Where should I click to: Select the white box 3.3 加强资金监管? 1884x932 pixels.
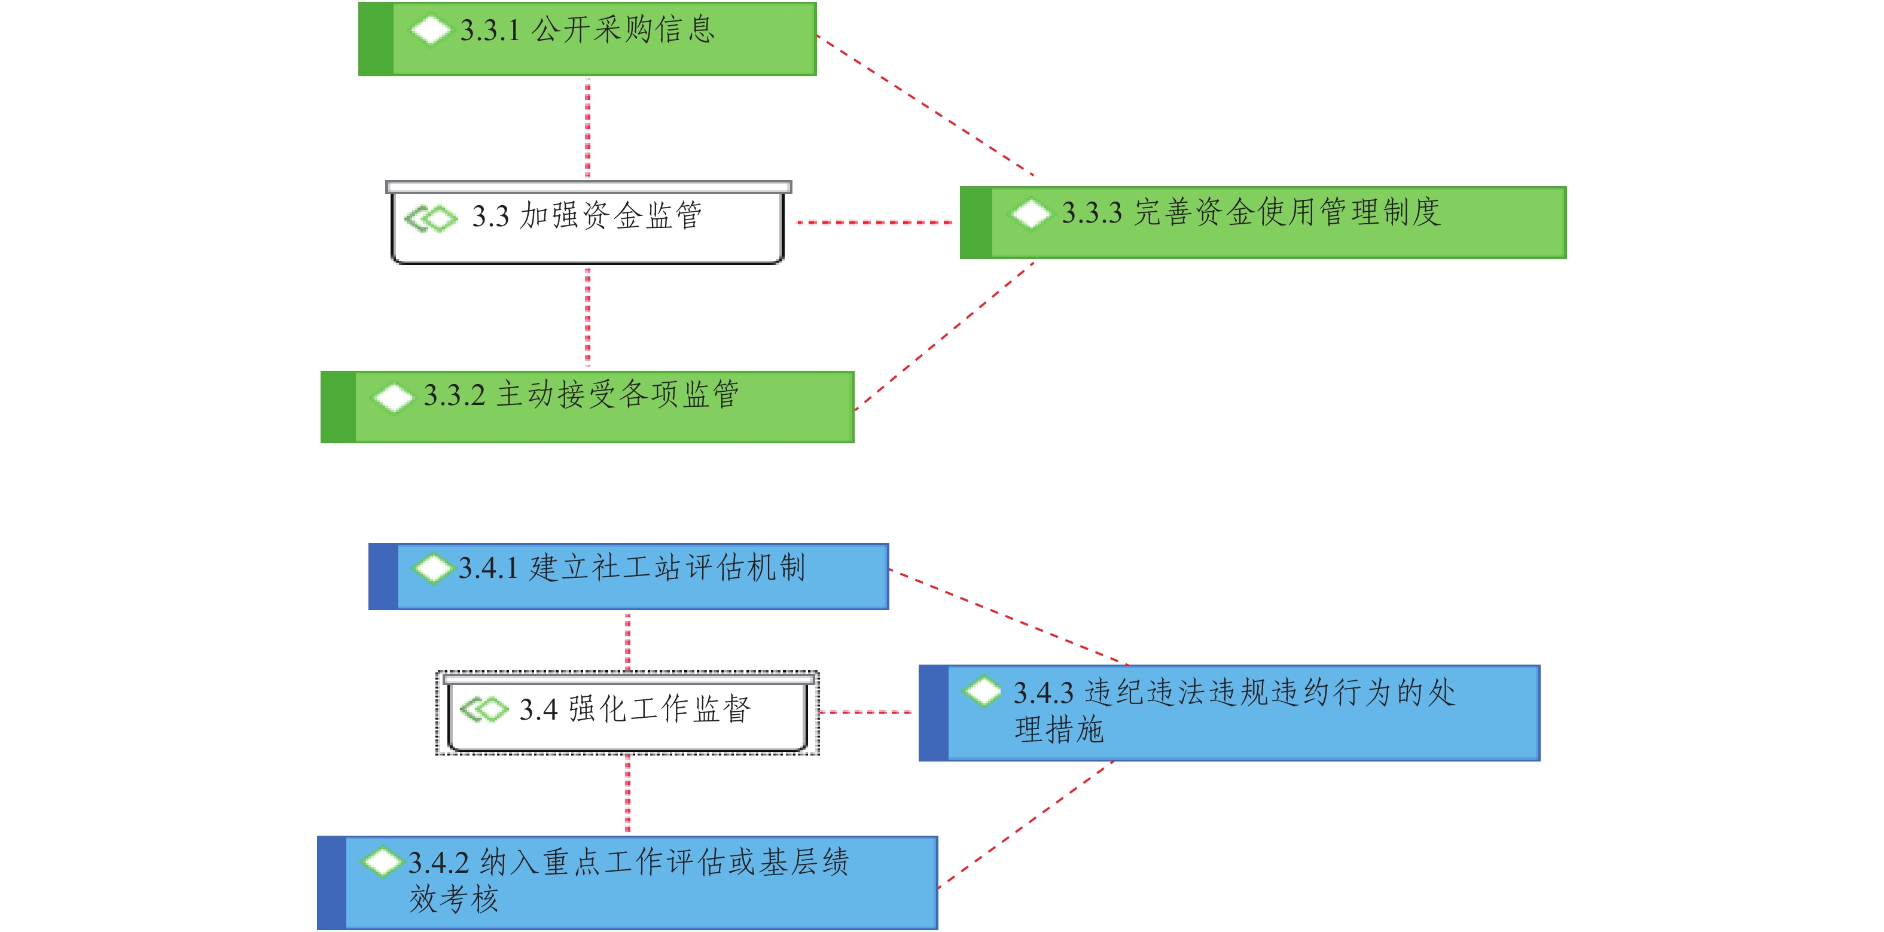tap(587, 223)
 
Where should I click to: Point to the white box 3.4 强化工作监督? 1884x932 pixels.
tap(627, 713)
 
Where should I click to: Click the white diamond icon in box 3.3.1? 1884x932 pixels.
tap(431, 30)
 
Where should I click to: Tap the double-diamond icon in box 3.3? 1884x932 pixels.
tap(431, 218)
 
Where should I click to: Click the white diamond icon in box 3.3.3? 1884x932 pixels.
tap(1031, 213)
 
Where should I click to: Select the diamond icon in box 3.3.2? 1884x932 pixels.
tap(394, 398)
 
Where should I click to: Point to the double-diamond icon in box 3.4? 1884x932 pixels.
tap(483, 709)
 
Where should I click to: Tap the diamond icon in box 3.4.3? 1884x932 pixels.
tap(982, 690)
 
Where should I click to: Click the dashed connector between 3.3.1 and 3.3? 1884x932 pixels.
tap(587, 128)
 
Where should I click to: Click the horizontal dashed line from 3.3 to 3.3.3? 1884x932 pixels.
tap(874, 222)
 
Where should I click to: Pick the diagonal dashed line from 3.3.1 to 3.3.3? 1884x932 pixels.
tap(925, 105)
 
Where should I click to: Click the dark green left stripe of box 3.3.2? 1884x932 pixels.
tap(338, 407)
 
